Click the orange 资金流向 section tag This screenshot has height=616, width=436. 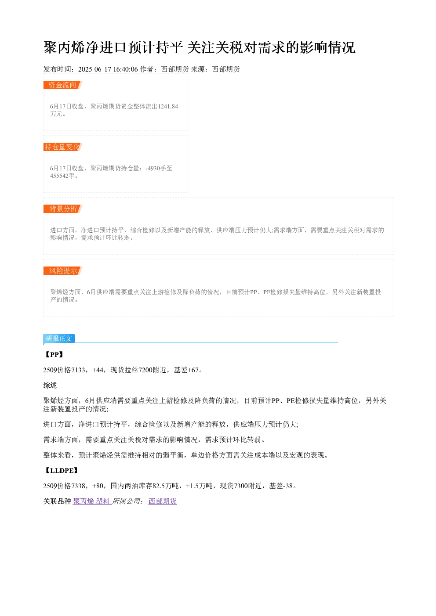pos(62,85)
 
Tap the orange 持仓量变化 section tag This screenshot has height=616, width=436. pos(62,147)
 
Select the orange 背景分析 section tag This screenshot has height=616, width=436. pos(62,209)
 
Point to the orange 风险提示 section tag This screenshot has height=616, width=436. pos(62,270)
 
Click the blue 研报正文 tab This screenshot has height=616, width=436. pos(59,339)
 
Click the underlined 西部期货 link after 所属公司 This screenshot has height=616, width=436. pos(163,501)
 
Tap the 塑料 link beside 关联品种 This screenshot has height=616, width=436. pos(103,501)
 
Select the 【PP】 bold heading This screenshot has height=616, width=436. pos(54,354)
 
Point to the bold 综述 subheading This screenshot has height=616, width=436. pos(50,385)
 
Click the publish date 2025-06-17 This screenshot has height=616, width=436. pos(94,69)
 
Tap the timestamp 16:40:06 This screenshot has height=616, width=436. pos(126,69)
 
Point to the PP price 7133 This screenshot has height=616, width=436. pos(78,370)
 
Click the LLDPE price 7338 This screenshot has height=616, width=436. pos(78,486)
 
